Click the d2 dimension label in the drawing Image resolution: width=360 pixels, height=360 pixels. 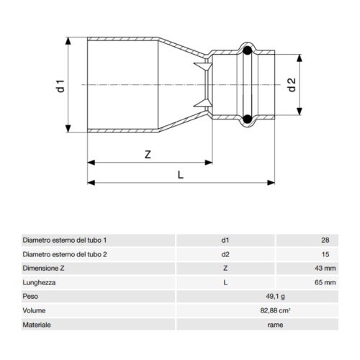coord(292,84)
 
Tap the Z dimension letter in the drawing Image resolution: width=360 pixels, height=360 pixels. coord(147,155)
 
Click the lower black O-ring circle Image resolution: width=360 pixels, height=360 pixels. coord(247,119)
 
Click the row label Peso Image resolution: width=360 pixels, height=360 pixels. coord(31,297)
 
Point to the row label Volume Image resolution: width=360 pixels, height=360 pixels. coord(34,311)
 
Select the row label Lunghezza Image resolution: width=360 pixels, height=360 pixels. coord(39,283)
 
